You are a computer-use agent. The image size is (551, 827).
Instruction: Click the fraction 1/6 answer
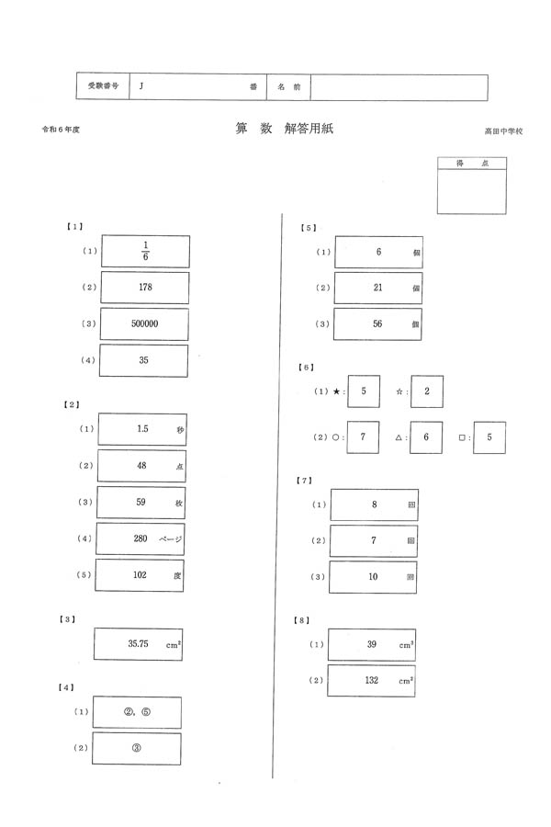tap(145, 251)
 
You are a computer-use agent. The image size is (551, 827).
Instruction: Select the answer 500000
tap(144, 323)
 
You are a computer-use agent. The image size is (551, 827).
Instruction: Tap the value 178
tap(144, 288)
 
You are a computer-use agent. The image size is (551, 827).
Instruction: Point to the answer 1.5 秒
tap(142, 429)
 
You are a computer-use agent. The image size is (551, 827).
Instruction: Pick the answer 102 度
tap(141, 575)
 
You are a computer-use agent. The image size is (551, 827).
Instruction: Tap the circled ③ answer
tap(136, 748)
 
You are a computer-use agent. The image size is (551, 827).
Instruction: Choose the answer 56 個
tap(377, 324)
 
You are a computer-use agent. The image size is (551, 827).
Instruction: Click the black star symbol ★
tap(337, 391)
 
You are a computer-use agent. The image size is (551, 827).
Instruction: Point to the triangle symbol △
tap(399, 438)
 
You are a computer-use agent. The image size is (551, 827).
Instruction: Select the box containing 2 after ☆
tap(427, 391)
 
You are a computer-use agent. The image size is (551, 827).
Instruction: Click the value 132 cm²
tap(372, 681)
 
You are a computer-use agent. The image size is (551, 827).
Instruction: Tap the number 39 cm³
tap(372, 645)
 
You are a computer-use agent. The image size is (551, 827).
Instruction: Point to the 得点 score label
tap(472, 163)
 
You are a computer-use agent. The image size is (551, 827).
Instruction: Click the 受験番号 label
tap(103, 86)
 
